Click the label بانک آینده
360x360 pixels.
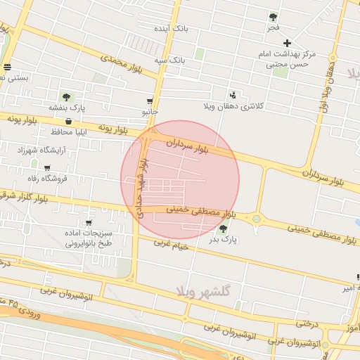(172, 28)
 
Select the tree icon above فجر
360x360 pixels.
(273, 17)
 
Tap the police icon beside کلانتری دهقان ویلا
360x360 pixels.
(233, 95)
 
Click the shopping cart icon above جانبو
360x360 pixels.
(150, 101)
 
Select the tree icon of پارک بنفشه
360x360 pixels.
(66, 97)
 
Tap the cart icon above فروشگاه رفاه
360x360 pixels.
(47, 168)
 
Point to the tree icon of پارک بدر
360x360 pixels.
(224, 229)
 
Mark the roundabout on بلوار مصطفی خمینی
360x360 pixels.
(257, 219)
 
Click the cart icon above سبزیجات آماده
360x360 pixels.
(88, 223)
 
